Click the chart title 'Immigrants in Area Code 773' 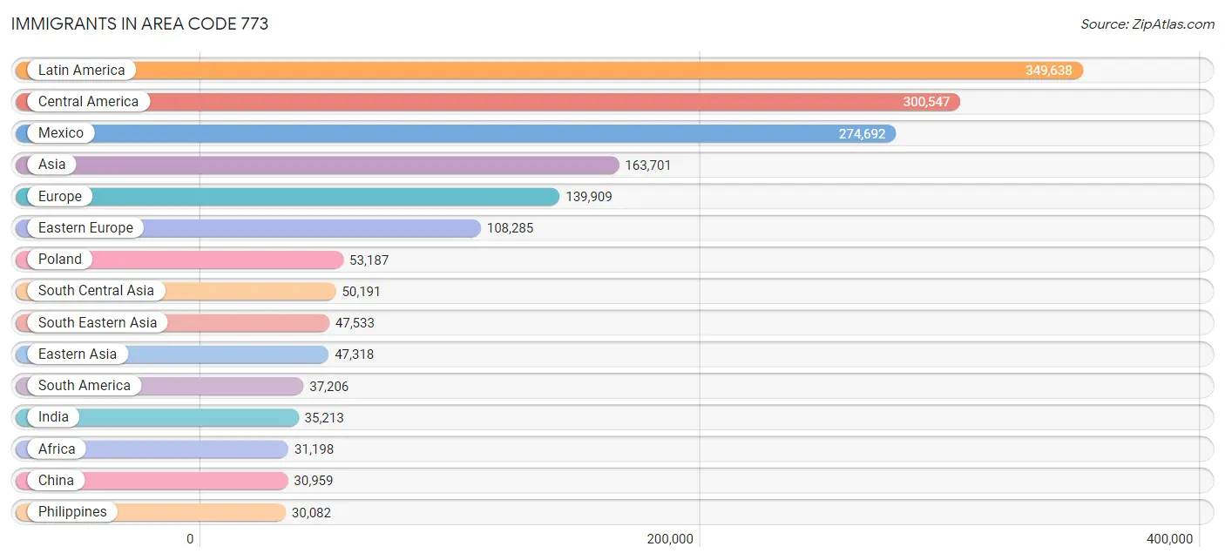click(139, 24)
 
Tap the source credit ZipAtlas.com click(1147, 24)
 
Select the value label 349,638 click(1048, 71)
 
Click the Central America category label click(88, 102)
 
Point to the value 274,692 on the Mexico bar click(862, 134)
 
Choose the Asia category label click(52, 165)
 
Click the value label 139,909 click(588, 197)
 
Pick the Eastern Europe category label click(85, 228)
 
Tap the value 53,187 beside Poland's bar click(369, 260)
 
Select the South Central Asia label click(96, 291)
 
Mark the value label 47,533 click(355, 323)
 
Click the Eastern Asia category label click(78, 354)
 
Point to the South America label click(85, 386)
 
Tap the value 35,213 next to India click(324, 418)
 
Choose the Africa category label click(57, 449)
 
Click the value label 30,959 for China click(314, 481)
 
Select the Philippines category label click(72, 512)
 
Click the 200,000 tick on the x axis click(670, 539)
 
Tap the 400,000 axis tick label click(1170, 539)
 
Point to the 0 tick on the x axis click(190, 539)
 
